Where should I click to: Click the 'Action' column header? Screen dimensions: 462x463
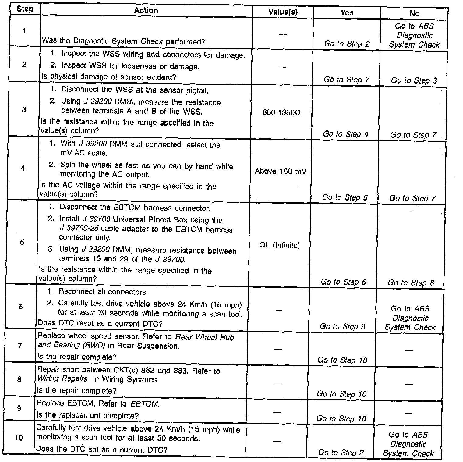pyautogui.click(x=146, y=10)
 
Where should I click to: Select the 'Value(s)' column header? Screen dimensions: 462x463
pyautogui.click(x=283, y=12)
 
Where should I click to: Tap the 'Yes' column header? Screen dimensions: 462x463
pyautogui.click(x=347, y=12)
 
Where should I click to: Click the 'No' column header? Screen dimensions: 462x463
pyautogui.click(x=414, y=13)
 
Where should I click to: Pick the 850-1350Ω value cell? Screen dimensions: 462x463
pyautogui.click(x=281, y=113)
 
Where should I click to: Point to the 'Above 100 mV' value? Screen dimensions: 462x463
pyautogui.click(x=281, y=171)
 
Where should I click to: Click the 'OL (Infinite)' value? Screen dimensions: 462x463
pyautogui.click(x=280, y=245)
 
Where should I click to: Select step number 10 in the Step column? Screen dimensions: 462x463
pyautogui.click(x=19, y=438)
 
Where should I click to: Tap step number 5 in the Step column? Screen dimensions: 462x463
pyautogui.click(x=22, y=242)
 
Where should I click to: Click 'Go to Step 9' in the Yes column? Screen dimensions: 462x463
pyautogui.click(x=342, y=326)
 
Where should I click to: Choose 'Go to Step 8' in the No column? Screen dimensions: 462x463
pyautogui.click(x=411, y=283)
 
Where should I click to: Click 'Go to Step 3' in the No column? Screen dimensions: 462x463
pyautogui.click(x=414, y=80)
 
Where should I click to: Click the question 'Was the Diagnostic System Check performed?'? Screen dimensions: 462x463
pyautogui.click(x=123, y=41)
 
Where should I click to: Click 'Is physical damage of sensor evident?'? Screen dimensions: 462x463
pyautogui.click(x=108, y=77)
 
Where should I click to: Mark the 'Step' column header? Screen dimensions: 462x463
pyautogui.click(x=25, y=9)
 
